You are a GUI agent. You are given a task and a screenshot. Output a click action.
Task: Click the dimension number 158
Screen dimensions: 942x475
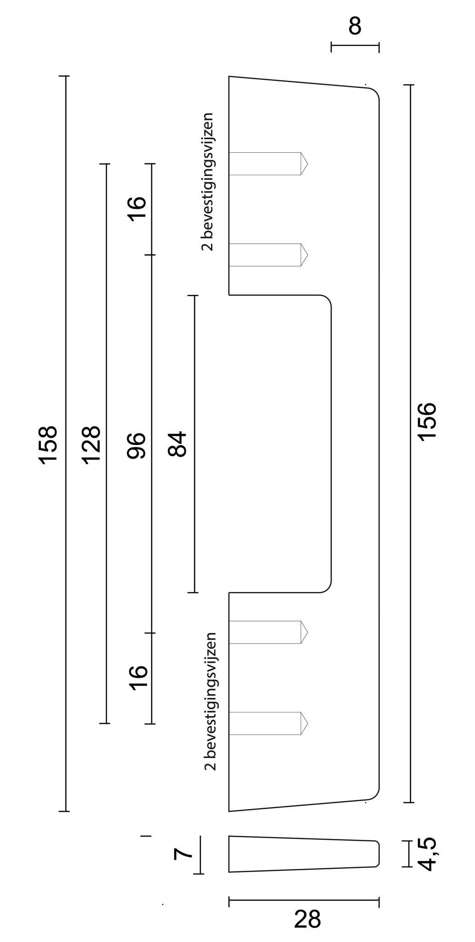(x=49, y=445)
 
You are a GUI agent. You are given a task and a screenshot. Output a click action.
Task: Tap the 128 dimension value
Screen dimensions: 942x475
(x=91, y=445)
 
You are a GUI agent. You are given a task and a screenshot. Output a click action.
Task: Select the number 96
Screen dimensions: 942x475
(x=137, y=445)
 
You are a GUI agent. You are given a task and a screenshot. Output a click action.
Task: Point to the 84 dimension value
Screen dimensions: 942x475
(x=178, y=443)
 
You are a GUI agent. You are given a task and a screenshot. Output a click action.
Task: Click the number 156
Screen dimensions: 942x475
(x=428, y=422)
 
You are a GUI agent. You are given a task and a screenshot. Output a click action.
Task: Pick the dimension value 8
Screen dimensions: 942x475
(x=355, y=27)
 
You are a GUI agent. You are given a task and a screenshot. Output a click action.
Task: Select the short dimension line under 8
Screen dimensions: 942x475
(x=355, y=46)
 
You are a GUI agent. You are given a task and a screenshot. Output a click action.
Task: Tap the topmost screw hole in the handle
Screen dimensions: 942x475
(x=267, y=164)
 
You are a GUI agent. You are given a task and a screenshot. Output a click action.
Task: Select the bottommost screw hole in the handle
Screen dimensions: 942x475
(x=267, y=723)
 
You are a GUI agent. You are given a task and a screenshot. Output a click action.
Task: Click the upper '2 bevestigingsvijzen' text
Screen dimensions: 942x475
(x=208, y=182)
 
